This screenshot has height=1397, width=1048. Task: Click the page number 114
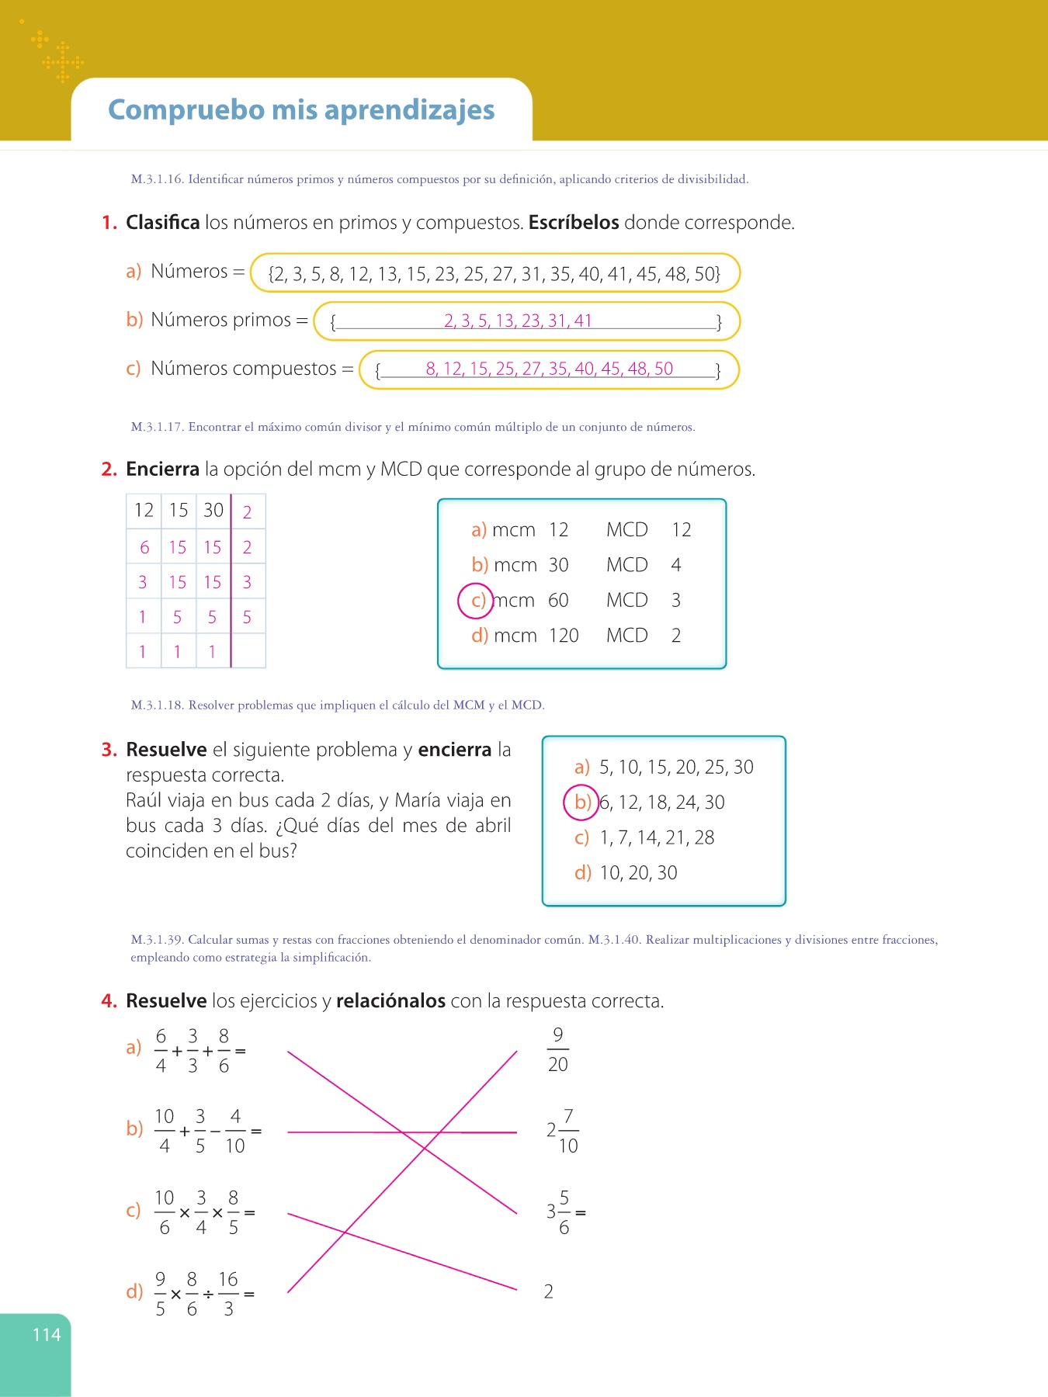tap(47, 1335)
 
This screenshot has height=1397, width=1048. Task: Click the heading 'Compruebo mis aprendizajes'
tap(301, 110)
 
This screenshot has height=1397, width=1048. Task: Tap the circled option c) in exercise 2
tap(476, 601)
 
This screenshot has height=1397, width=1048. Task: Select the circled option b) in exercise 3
tap(581, 802)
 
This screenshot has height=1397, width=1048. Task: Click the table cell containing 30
tap(213, 511)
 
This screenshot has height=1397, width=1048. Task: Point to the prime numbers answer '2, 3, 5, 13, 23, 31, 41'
tap(518, 321)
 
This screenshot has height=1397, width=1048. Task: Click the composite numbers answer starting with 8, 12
tap(549, 369)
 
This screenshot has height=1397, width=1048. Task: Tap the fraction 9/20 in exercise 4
tap(557, 1050)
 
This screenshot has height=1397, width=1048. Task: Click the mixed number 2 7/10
tap(562, 1131)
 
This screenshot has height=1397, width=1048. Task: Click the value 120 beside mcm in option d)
tap(564, 636)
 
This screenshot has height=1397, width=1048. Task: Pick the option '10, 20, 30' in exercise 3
tap(638, 873)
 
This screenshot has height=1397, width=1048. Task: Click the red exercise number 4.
tap(109, 1001)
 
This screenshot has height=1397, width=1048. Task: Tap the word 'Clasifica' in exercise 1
tap(163, 223)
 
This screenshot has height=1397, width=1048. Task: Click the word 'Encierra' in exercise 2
tap(162, 470)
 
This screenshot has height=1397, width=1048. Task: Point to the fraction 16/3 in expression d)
tap(228, 1294)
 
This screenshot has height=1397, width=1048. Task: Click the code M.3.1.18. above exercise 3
tap(158, 705)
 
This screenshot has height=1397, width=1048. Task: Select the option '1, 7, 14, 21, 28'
tap(657, 838)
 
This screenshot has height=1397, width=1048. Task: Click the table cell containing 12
tap(144, 511)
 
